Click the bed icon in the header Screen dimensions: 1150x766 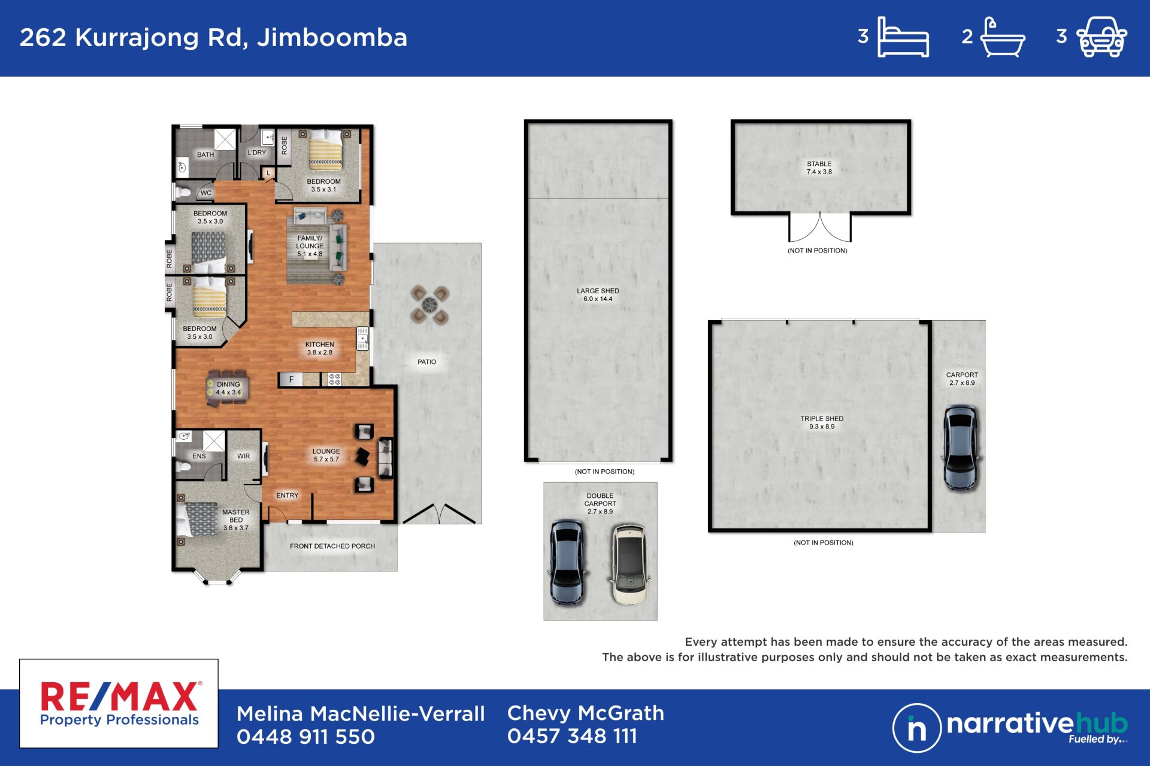[903, 37]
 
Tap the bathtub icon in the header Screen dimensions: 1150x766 [1003, 37]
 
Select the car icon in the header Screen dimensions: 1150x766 [1102, 37]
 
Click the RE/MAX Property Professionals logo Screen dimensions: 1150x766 [119, 704]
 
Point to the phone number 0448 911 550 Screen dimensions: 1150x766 [305, 737]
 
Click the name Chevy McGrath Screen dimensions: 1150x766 [586, 713]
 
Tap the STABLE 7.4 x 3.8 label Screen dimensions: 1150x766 [819, 168]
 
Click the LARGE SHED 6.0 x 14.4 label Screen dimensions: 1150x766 [598, 295]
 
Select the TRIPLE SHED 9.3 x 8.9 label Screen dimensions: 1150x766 [822, 422]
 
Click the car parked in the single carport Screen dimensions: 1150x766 [960, 448]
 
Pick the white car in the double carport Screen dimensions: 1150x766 [629, 565]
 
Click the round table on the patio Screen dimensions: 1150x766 [429, 305]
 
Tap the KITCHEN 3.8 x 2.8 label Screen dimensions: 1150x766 [320, 348]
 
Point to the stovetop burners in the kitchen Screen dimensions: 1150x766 [334, 379]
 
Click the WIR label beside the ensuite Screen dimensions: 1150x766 [243, 456]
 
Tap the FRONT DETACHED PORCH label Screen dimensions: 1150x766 [332, 546]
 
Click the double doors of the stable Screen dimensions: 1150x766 [819, 227]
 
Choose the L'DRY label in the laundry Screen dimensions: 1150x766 [257, 153]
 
